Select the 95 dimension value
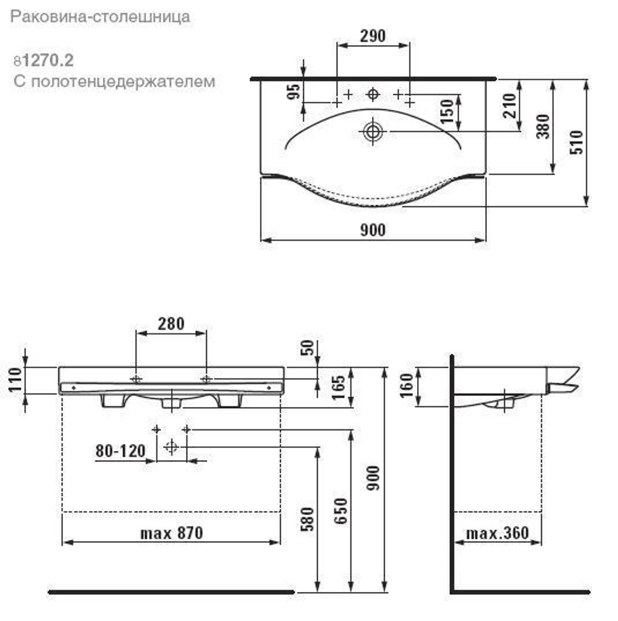click(x=295, y=92)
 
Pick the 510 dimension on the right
click(x=577, y=143)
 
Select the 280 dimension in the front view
click(x=171, y=323)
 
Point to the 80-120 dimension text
click(x=120, y=451)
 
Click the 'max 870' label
click(x=171, y=533)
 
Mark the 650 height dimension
click(x=342, y=510)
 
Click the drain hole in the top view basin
click(x=373, y=131)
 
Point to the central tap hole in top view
click(x=373, y=94)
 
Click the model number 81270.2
click(x=43, y=61)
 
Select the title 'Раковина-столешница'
click(x=100, y=17)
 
